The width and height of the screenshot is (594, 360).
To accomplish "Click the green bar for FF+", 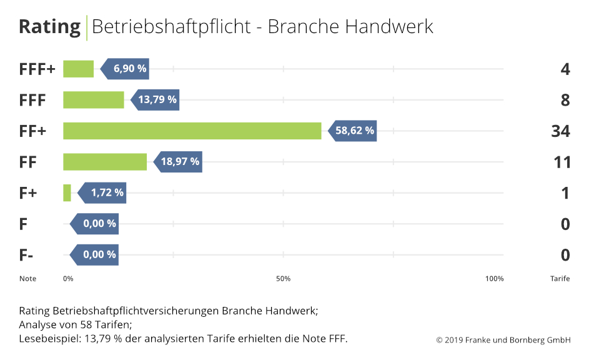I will point(192,131).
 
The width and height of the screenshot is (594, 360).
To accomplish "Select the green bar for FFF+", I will point(78,69).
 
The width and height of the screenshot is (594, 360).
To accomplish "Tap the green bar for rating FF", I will point(105,162).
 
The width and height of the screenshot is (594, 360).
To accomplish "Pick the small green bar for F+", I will point(67,192).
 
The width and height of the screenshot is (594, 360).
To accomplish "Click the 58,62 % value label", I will point(354,131).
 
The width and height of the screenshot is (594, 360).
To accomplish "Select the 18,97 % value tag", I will point(179,162).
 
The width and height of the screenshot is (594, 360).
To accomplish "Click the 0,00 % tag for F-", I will point(96,254).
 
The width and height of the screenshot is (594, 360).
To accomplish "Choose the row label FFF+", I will point(37,69).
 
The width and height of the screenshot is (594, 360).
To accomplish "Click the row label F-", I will point(26,254).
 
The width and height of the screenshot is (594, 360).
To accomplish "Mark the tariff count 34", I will point(560,131).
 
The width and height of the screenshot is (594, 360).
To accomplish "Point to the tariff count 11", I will point(562,162).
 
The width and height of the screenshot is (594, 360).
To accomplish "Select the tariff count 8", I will point(565,100).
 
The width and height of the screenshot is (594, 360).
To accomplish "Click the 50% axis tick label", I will point(283,278).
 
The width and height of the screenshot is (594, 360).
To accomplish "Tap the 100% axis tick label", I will point(494,278).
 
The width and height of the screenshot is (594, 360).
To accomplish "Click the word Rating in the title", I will point(49,27).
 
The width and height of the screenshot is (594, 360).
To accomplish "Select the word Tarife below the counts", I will point(555,278).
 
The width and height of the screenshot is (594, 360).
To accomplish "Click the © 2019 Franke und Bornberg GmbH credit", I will point(503,340).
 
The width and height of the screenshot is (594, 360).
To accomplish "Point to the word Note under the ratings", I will point(27,278).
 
